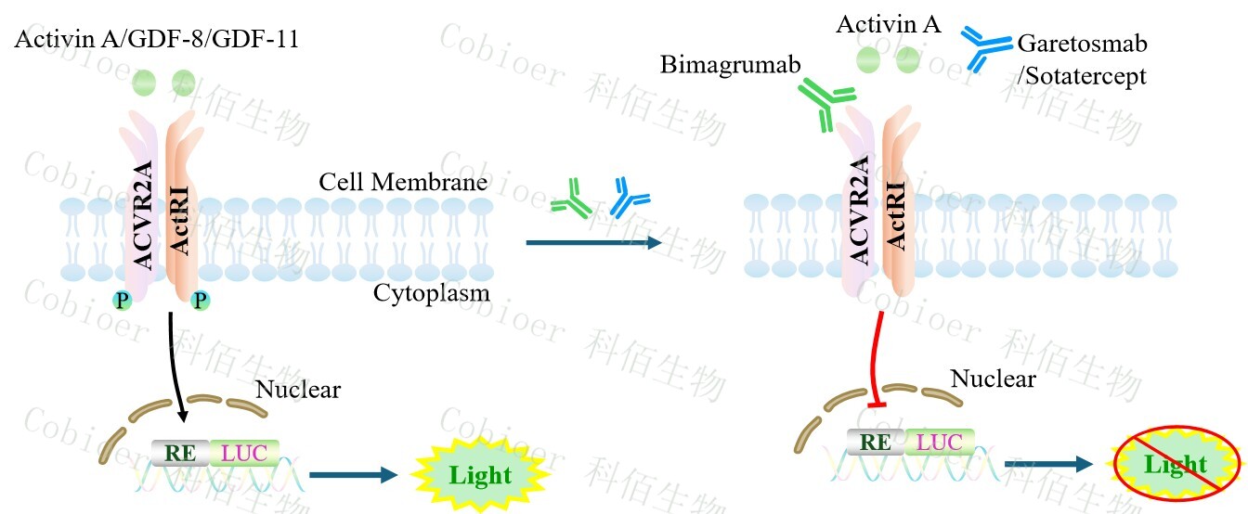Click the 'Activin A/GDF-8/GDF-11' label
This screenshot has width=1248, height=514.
click(156, 40)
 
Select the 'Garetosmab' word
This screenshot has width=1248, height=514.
click(1083, 44)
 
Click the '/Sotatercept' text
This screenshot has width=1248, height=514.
click(1082, 75)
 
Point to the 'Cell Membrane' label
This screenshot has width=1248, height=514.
click(403, 182)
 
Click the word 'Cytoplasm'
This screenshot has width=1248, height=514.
click(432, 293)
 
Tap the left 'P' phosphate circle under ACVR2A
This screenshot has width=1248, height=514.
click(122, 299)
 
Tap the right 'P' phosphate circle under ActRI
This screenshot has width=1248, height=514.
click(201, 299)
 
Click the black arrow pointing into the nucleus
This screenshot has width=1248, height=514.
click(177, 367)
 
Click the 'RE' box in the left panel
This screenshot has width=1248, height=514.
click(180, 453)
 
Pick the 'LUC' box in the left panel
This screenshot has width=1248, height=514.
click(244, 453)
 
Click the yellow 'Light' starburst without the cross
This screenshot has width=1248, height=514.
click(480, 475)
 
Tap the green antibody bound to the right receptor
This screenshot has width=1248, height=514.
click(822, 102)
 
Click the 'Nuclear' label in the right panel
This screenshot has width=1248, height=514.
click(993, 378)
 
